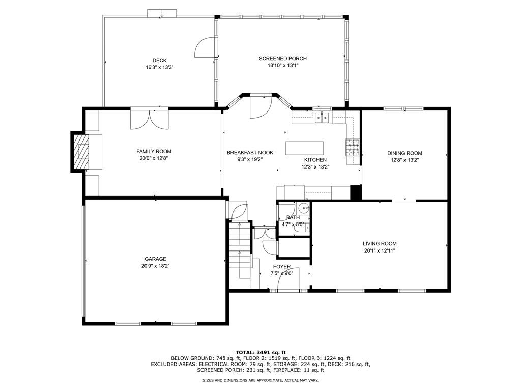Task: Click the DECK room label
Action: coord(159,60)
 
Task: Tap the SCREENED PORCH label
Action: coord(283,58)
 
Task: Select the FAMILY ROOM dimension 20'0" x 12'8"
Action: coord(154,158)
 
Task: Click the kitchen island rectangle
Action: coord(304,148)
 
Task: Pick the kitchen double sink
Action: coord(322,118)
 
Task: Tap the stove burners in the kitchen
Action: coord(353,147)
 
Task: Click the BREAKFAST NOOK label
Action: coord(250,153)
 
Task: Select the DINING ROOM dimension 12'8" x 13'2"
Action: coord(404,160)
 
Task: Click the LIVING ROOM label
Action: coord(380,244)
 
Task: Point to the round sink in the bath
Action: coord(303,208)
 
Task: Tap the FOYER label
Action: coord(282,267)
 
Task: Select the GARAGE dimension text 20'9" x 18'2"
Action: coord(156,266)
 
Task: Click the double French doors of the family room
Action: coord(150,119)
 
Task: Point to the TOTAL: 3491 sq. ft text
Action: coord(260,352)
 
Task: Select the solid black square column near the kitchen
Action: coord(356,193)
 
